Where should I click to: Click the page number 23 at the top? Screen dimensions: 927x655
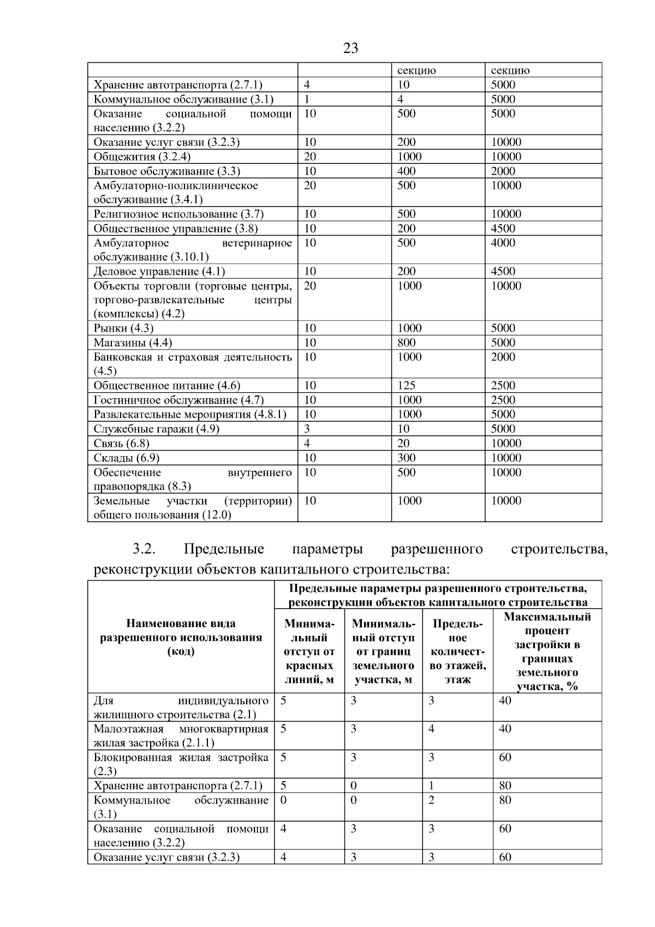(x=351, y=49)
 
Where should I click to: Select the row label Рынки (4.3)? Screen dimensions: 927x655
(x=123, y=328)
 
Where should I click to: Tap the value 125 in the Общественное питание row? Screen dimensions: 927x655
(x=406, y=386)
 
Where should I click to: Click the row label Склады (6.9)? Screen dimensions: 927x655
(x=126, y=458)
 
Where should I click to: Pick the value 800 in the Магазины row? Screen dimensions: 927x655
(x=406, y=343)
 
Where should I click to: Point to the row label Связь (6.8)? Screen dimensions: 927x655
(x=121, y=443)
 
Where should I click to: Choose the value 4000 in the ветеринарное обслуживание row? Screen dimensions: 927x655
(x=503, y=243)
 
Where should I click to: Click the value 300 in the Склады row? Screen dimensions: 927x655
(x=406, y=458)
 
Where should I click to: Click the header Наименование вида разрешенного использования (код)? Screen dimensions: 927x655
(x=181, y=637)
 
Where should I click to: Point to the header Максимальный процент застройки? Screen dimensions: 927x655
(x=547, y=651)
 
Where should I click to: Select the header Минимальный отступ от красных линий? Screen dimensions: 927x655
(x=309, y=652)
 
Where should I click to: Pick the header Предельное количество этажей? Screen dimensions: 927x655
(x=457, y=652)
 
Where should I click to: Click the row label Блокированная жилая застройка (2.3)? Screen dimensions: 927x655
(x=181, y=764)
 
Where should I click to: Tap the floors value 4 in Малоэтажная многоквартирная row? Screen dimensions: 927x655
(x=431, y=729)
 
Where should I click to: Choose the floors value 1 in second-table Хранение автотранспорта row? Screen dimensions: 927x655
(x=431, y=786)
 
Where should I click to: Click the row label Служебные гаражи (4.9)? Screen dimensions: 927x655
(x=156, y=429)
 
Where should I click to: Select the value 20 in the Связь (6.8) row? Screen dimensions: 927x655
(x=403, y=443)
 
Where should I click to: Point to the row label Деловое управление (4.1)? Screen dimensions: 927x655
(x=159, y=271)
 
